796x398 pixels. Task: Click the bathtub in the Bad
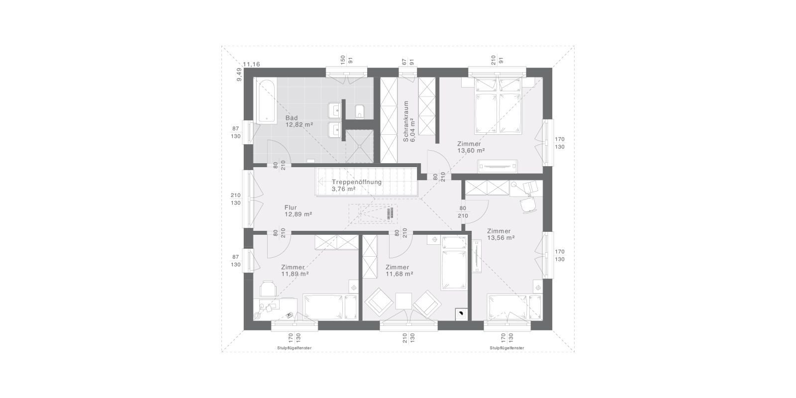[x=267, y=101]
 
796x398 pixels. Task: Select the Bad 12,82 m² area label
[x=299, y=121]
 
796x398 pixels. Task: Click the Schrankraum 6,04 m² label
[x=409, y=121]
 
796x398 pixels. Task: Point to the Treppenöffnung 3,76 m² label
[x=356, y=186]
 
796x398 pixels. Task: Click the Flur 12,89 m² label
[x=298, y=211]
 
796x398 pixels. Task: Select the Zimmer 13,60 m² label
[x=471, y=147]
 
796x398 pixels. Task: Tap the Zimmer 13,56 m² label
[x=500, y=234]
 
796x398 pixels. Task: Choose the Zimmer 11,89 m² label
[x=295, y=271]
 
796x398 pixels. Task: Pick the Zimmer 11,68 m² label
[x=399, y=271]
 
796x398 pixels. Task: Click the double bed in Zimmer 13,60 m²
[x=498, y=106]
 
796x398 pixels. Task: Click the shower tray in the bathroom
[x=360, y=146]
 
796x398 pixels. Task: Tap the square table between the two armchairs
[x=403, y=301]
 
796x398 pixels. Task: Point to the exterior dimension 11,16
[x=252, y=64]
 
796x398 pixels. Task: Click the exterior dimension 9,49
[x=239, y=75]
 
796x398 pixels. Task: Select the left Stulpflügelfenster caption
[x=294, y=348]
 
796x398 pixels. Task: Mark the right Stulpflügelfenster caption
[x=507, y=348]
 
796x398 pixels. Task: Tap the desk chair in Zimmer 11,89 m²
[x=268, y=288]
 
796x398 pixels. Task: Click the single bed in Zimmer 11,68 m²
[x=454, y=263]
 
